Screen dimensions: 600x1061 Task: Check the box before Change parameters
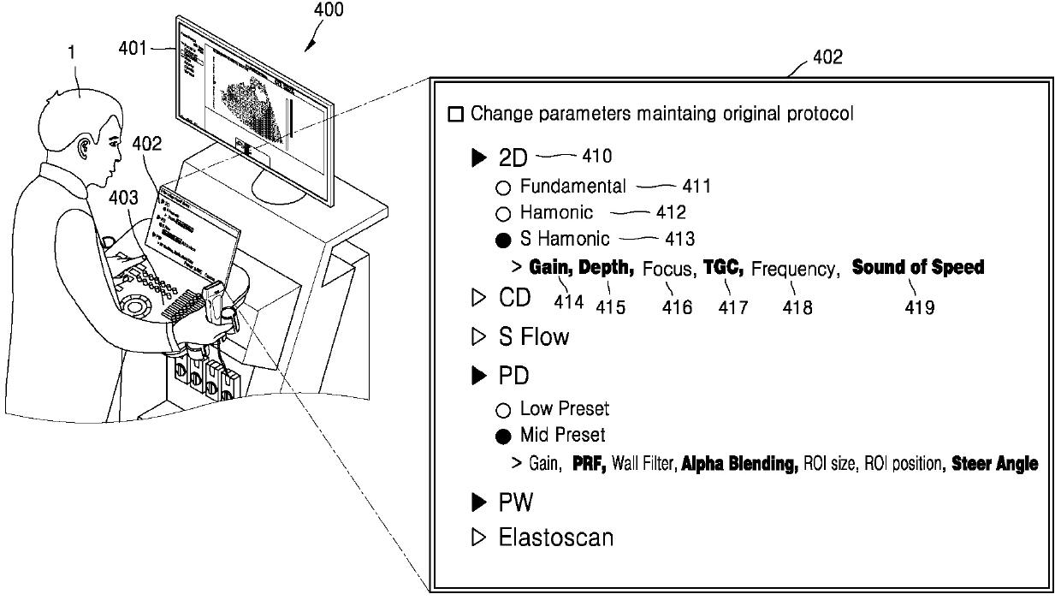456,114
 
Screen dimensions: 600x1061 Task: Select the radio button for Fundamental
503,187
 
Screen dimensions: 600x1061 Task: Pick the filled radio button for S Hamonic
503,239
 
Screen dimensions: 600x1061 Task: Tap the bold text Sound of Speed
918,268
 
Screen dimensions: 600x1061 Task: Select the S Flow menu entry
533,337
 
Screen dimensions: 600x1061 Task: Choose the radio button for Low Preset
503,410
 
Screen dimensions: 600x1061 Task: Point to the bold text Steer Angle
994,464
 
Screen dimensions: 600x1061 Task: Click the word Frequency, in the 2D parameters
793,269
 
